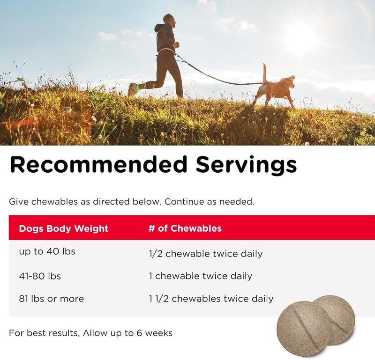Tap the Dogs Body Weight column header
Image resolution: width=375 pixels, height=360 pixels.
[63, 228]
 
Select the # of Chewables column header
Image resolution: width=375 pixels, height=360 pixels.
[185, 228]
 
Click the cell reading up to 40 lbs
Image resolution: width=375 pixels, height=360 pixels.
[47, 251]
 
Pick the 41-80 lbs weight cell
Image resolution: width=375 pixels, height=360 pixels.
[40, 276]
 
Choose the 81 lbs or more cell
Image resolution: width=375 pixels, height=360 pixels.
[51, 298]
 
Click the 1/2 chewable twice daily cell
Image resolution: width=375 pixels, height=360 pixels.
[205, 254]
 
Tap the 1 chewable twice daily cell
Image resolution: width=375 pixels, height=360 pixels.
[200, 276]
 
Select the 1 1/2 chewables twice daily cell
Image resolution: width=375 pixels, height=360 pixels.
[210, 298]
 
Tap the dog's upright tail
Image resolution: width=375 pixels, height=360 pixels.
[265, 73]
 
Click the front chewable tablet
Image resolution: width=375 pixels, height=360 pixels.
[304, 327]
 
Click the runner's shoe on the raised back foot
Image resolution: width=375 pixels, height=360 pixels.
[133, 89]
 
